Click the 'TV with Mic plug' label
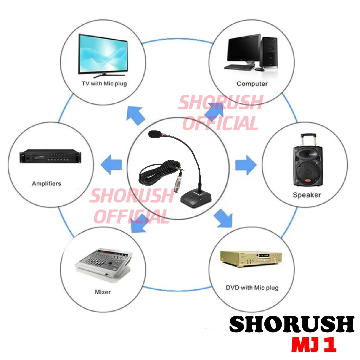[104, 84]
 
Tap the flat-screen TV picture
[103, 55]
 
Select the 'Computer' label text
[252, 84]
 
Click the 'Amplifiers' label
[47, 184]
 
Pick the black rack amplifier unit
[50, 156]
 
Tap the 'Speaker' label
[307, 195]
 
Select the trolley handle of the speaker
[308, 141]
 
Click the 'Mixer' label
[103, 292]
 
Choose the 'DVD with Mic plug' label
[252, 288]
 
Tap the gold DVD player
[251, 259]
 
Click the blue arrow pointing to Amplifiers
[111, 165]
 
